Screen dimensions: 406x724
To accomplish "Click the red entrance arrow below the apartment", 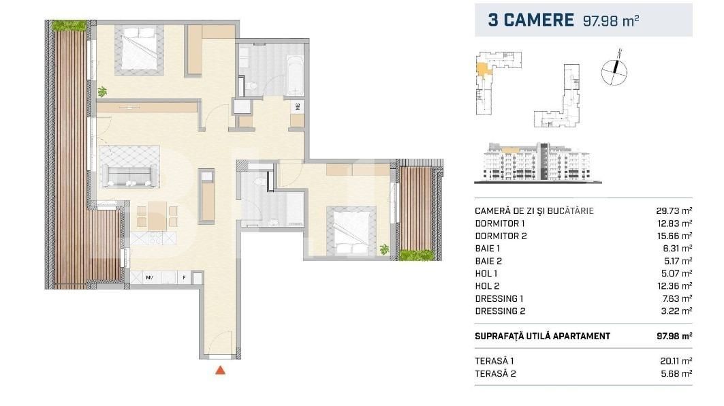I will point(220,371).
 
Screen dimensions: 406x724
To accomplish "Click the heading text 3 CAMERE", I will point(531,20).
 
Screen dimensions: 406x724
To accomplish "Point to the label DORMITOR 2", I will point(500,236).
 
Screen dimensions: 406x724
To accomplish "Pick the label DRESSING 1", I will point(499,298).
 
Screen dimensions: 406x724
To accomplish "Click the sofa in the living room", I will point(129,166).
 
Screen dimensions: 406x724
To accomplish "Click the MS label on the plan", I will point(298,107).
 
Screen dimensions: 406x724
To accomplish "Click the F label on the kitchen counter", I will point(183,277).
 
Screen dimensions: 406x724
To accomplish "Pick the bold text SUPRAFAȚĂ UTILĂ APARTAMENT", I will point(542,336).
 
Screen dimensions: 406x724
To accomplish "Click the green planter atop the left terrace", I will point(70,25).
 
